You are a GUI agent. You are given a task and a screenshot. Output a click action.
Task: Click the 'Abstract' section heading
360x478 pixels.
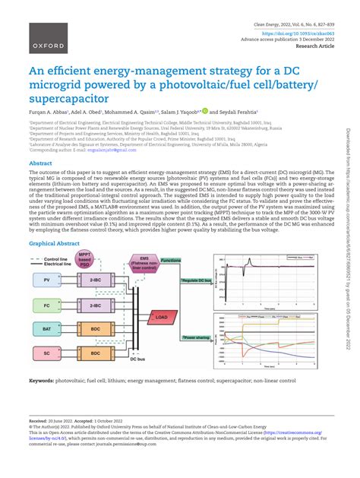point(40,163)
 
